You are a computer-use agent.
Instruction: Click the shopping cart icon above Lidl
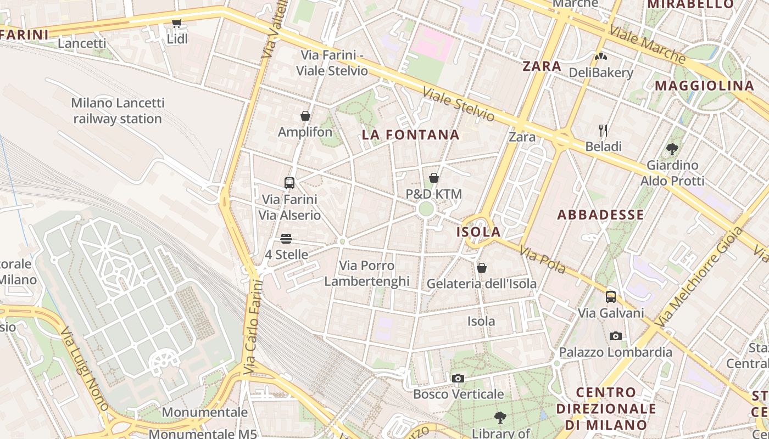click(176, 23)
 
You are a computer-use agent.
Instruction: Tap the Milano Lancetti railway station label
click(118, 111)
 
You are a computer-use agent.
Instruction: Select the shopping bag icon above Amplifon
click(305, 116)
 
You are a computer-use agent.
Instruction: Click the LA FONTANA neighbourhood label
click(411, 135)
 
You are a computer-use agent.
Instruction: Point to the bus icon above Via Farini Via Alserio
click(289, 183)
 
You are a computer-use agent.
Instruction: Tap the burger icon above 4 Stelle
click(286, 239)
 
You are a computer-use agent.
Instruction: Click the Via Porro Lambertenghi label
click(367, 273)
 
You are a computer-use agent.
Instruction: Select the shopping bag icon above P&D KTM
click(434, 178)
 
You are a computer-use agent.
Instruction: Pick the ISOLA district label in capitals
click(478, 232)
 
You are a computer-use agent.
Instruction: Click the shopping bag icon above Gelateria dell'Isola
click(482, 268)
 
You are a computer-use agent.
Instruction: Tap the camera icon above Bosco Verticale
click(458, 378)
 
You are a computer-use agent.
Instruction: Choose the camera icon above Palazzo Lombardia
click(616, 336)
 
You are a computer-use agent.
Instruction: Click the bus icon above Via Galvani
click(611, 297)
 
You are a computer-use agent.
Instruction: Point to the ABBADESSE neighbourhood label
click(600, 215)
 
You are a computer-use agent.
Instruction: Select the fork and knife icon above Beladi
click(603, 130)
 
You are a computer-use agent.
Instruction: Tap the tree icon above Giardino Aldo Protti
click(672, 149)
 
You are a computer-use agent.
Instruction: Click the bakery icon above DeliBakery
click(601, 56)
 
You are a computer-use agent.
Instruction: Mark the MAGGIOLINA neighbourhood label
click(705, 86)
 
